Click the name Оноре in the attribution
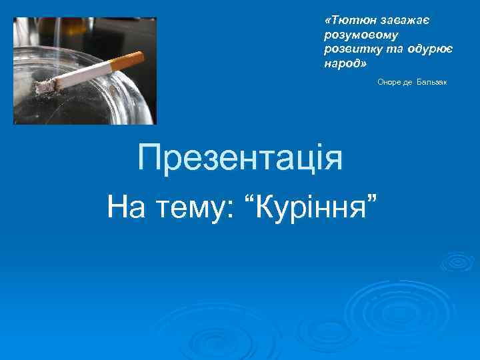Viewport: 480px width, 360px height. tap(389, 82)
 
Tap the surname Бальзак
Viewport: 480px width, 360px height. tap(433, 82)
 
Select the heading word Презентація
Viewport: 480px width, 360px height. tap(240, 159)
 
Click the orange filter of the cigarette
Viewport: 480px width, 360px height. tap(127, 61)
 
